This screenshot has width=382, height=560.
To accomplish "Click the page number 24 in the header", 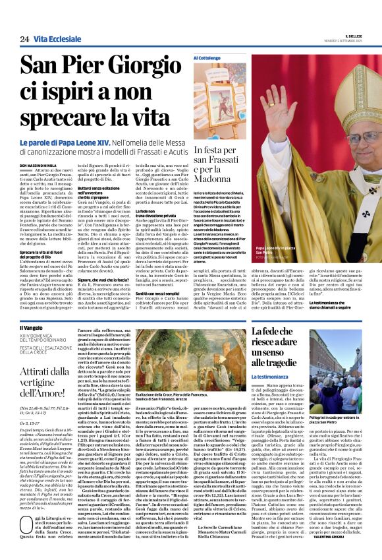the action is pos(24,40).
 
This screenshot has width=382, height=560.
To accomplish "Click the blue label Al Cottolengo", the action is pos(207,58).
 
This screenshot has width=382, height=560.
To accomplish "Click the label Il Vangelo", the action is pos(30,328).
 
